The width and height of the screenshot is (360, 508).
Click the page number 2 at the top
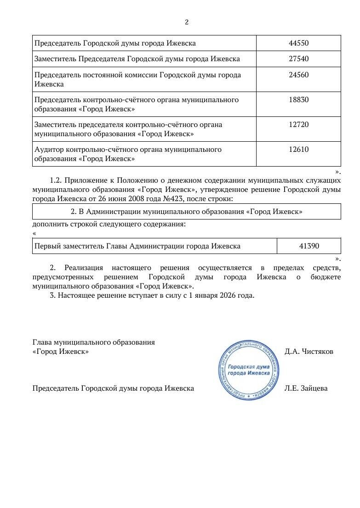(x=187, y=22)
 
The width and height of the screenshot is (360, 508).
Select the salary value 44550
(x=298, y=43)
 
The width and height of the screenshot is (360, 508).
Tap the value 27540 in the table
(x=298, y=59)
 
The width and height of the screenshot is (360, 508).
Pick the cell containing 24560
(x=298, y=75)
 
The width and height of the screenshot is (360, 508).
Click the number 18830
(x=298, y=100)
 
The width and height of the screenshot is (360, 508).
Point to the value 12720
(x=298, y=125)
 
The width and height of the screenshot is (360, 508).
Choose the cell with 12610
(x=298, y=150)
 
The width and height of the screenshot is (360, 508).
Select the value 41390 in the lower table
(x=309, y=246)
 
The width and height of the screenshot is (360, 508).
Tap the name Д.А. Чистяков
(x=309, y=352)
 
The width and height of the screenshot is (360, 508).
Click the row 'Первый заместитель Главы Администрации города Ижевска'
(x=137, y=246)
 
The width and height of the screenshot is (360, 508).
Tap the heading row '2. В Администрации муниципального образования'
(x=186, y=212)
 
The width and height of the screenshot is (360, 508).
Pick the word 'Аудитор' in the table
(x=49, y=150)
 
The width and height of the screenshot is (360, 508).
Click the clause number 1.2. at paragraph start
(x=56, y=179)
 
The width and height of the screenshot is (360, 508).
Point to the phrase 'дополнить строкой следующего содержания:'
(x=109, y=224)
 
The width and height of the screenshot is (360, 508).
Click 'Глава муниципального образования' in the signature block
(x=94, y=342)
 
